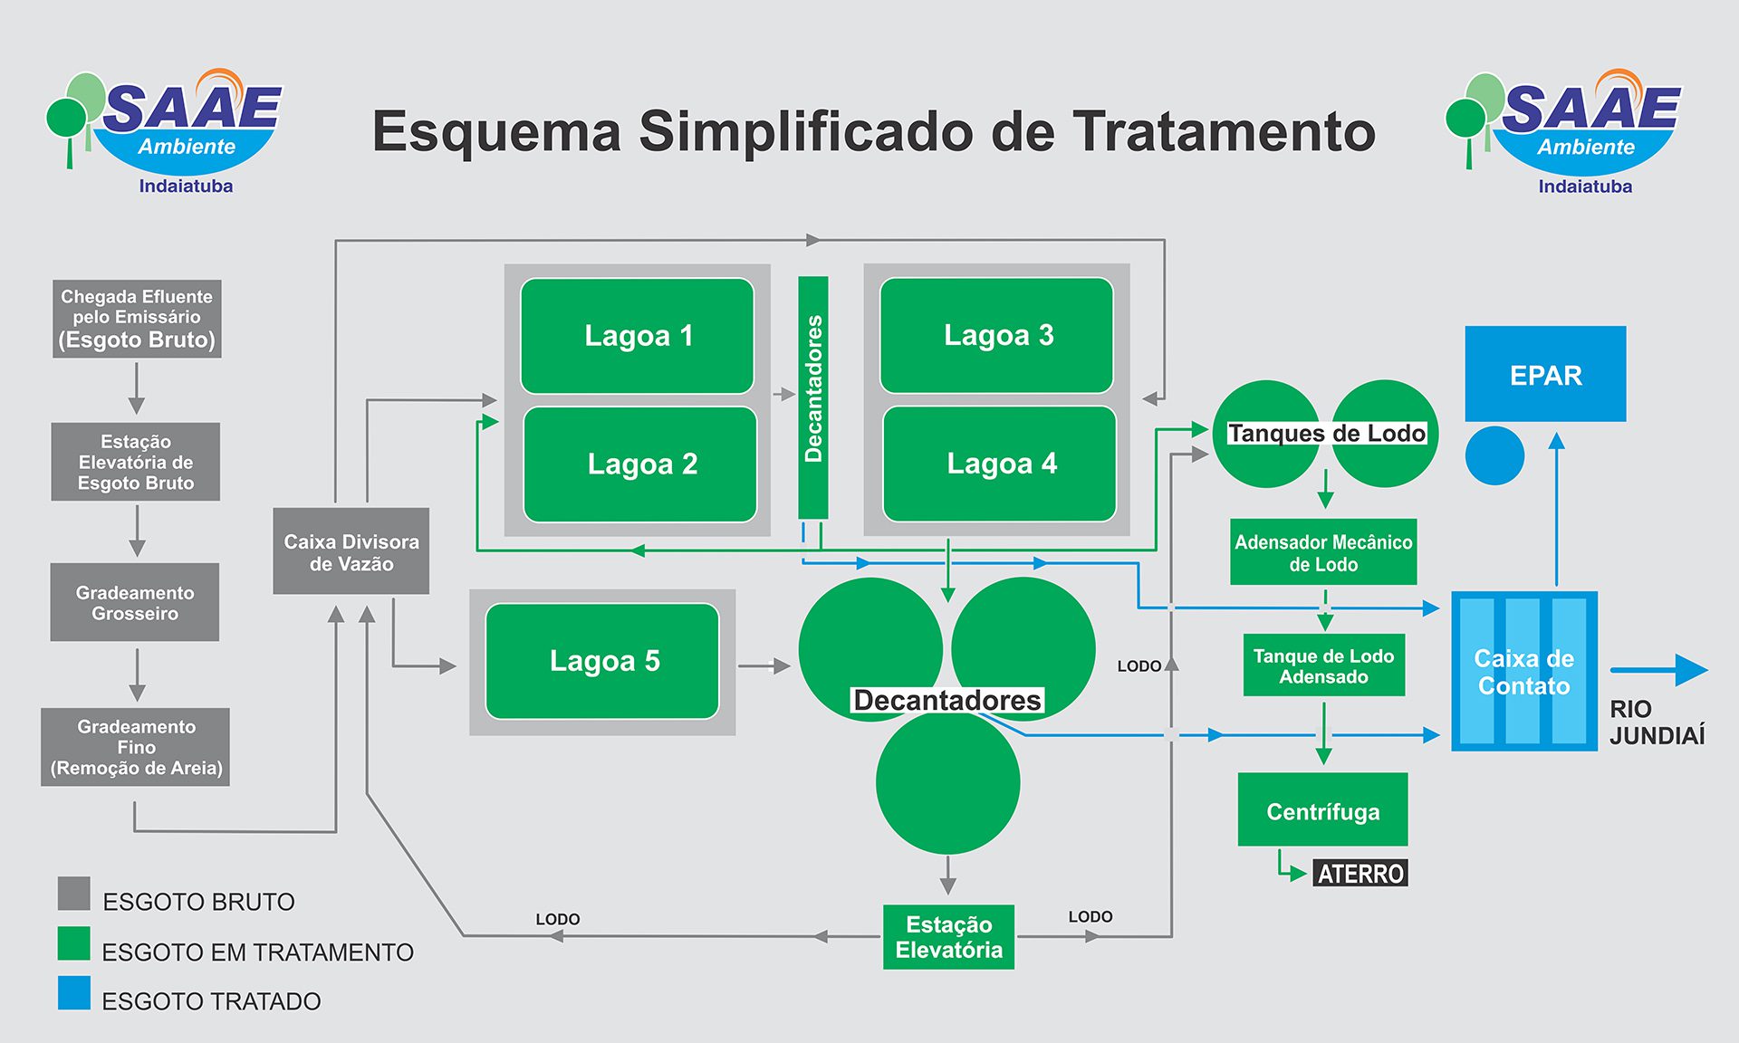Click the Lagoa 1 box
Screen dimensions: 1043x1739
pyautogui.click(x=637, y=336)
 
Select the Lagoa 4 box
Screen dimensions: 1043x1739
pyautogui.click(x=1000, y=464)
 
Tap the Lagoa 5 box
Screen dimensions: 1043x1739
pyautogui.click(x=602, y=661)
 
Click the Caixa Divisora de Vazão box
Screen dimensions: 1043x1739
pyautogui.click(x=351, y=551)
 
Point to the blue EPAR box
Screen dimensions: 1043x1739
pyautogui.click(x=1545, y=374)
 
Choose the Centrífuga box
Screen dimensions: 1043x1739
pyautogui.click(x=1322, y=810)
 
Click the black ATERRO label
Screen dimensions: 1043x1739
pyautogui.click(x=1360, y=874)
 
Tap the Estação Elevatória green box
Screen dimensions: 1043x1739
pyautogui.click(x=948, y=937)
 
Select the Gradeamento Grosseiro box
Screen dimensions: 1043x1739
pyautogui.click(x=135, y=602)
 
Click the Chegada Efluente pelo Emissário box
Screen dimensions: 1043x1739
pyautogui.click(x=137, y=319)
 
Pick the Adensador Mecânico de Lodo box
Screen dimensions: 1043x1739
pyautogui.click(x=1323, y=552)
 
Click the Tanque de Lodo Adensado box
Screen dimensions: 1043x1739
pyautogui.click(x=1323, y=665)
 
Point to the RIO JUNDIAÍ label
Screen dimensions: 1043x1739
pyautogui.click(x=1657, y=722)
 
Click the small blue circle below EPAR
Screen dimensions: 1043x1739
pyautogui.click(x=1494, y=455)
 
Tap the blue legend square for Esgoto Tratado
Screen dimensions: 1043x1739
pyautogui.click(x=74, y=992)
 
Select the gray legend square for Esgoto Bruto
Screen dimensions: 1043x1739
pyautogui.click(x=74, y=893)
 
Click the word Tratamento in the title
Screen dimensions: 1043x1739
pyautogui.click(x=1224, y=131)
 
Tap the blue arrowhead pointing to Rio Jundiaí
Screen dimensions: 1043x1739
pyautogui.click(x=1690, y=670)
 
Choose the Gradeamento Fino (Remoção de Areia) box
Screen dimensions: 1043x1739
pyautogui.click(x=136, y=747)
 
